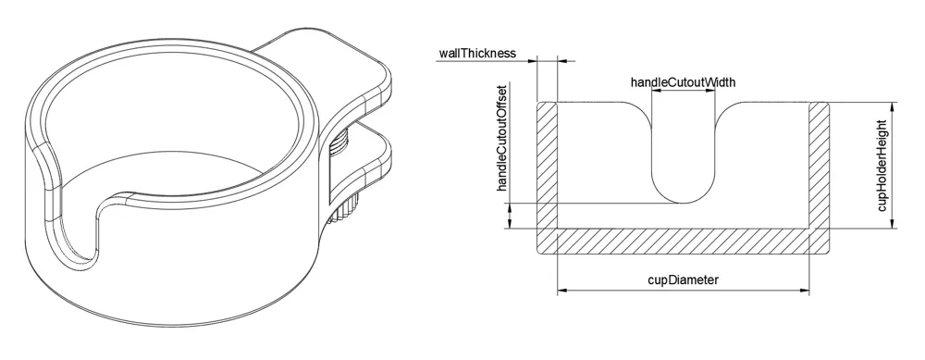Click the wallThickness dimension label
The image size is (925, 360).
click(477, 53)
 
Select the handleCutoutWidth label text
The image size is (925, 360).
click(684, 82)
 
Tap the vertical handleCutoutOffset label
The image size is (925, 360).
click(502, 138)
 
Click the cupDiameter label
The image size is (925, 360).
click(684, 279)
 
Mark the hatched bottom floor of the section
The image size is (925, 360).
click(684, 242)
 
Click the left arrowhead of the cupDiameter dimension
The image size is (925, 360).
click(562, 290)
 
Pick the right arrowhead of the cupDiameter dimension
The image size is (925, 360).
click(804, 290)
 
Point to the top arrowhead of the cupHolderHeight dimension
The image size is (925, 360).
click(894, 106)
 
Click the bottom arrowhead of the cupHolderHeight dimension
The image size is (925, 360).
click(894, 223)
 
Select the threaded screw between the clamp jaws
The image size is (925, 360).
click(341, 144)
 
